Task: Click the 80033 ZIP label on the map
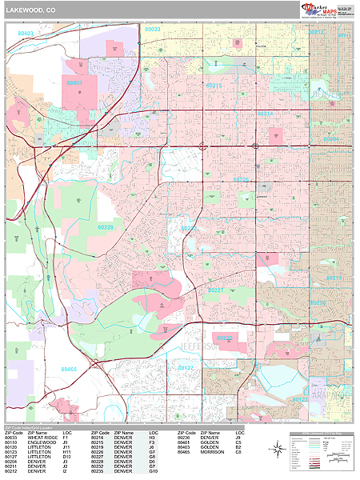pos(152,30)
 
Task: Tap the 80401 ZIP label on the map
pos(74,82)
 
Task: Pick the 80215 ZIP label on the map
pos(216,85)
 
